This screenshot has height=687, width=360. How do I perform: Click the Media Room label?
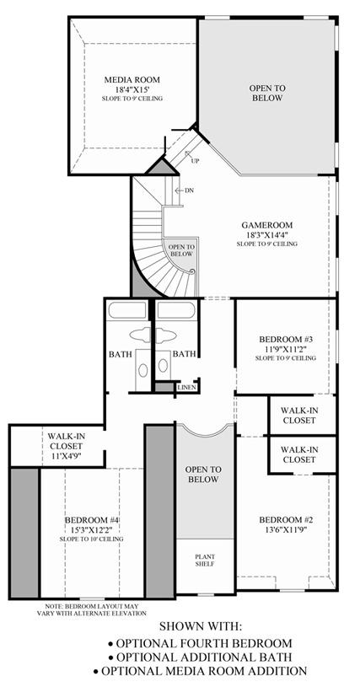[x=132, y=80]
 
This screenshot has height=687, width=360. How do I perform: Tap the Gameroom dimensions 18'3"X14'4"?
[x=266, y=234]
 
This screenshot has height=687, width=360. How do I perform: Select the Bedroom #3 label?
[x=285, y=340]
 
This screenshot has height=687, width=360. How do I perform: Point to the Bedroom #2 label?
[x=286, y=520]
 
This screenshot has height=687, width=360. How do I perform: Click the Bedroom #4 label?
[x=92, y=520]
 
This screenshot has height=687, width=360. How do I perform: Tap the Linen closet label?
[x=185, y=388]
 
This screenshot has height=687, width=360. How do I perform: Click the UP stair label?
[x=195, y=161]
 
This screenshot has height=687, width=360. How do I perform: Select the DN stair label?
[x=189, y=191]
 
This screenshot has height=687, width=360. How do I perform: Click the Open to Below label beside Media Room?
[x=267, y=93]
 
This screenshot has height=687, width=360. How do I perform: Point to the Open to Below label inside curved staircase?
[x=181, y=250]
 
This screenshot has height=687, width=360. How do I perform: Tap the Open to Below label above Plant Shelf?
[x=203, y=475]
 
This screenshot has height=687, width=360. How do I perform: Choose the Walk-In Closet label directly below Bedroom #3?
[x=299, y=416]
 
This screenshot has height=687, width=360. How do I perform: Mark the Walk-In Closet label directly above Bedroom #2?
[x=299, y=454]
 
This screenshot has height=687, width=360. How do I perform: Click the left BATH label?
[x=121, y=354]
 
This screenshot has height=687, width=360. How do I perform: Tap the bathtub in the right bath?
[x=176, y=310]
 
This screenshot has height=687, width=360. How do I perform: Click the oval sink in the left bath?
[x=142, y=370]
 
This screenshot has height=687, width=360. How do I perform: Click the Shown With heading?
[x=201, y=625]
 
